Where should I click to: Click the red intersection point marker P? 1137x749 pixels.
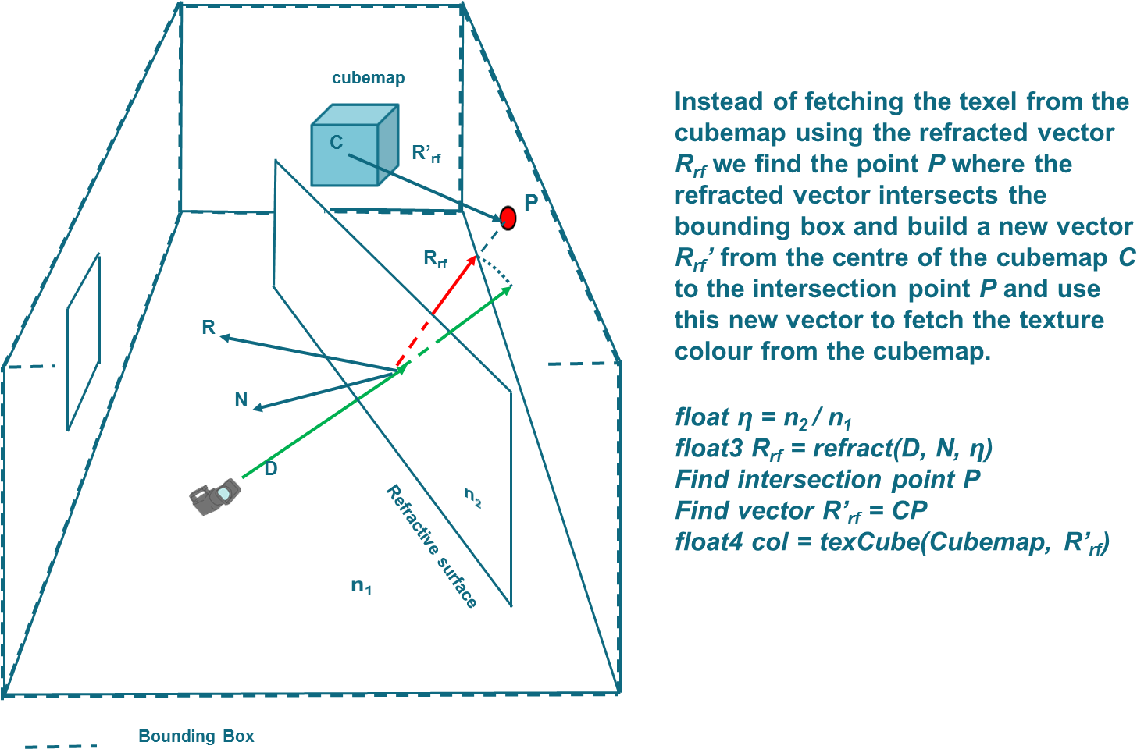pos(508,218)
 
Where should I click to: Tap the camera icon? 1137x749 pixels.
pos(214,497)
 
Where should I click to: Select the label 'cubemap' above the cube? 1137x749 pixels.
pos(369,78)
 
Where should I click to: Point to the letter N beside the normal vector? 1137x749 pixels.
pos(241,400)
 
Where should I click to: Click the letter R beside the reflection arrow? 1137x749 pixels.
pos(208,327)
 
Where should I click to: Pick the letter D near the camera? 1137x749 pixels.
pos(270,469)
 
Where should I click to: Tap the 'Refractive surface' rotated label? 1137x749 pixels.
pos(431,546)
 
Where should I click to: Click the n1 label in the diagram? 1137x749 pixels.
pos(361,586)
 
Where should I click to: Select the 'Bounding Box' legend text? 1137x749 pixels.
pos(196,737)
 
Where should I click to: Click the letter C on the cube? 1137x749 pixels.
pos(336,142)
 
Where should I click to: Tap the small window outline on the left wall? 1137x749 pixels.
pos(84,342)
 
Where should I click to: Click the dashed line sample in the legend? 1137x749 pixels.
pos(61,746)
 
